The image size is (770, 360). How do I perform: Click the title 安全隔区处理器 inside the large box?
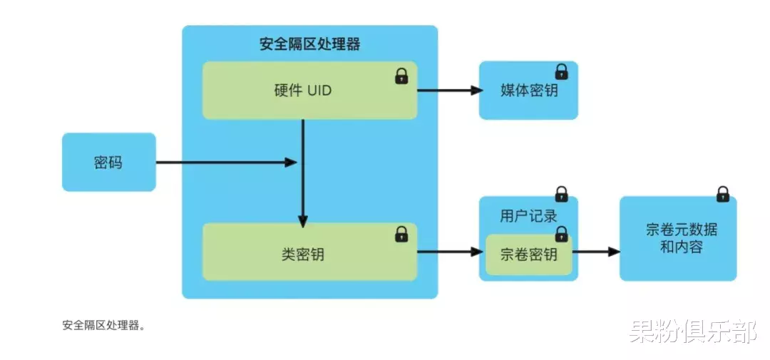click(x=309, y=44)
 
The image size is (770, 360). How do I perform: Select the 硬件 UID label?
click(x=303, y=91)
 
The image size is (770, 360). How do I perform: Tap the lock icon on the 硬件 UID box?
click(x=401, y=76)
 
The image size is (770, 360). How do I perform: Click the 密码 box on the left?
click(x=108, y=163)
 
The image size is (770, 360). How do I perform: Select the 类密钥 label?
click(x=303, y=253)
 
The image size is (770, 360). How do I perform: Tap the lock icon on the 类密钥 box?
click(x=401, y=233)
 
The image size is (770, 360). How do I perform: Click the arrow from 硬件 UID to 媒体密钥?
click(x=449, y=91)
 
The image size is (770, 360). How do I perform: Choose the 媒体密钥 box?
click(x=528, y=91)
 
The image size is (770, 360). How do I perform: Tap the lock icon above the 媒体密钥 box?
click(x=562, y=71)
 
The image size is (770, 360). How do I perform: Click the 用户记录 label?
click(x=528, y=215)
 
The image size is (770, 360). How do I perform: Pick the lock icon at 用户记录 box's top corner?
click(x=562, y=194)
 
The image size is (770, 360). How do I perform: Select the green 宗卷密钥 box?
click(x=528, y=254)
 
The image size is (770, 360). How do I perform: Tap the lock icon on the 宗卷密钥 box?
click(x=562, y=234)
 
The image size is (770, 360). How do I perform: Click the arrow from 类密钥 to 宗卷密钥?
click(x=449, y=252)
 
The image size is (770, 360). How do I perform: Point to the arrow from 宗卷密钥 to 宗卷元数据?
click(x=595, y=252)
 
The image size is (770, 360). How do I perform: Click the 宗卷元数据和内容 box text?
click(x=677, y=239)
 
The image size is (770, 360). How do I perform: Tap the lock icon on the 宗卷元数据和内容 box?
click(x=722, y=193)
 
